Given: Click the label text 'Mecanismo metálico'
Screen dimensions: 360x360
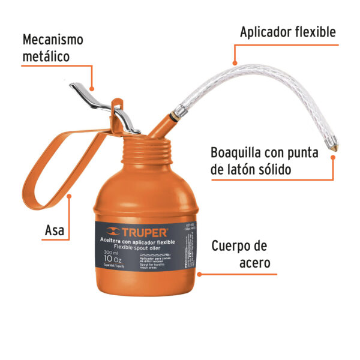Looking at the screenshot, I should click(x=52, y=49).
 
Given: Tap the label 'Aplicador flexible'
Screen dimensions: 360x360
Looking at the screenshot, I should click(x=287, y=32).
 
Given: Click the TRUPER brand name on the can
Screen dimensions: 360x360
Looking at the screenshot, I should click(x=145, y=230).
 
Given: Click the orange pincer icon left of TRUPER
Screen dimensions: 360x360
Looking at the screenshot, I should click(x=113, y=230).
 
